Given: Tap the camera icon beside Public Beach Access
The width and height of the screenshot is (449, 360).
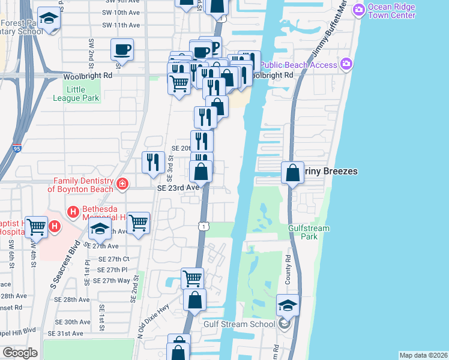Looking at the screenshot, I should tap(345, 64).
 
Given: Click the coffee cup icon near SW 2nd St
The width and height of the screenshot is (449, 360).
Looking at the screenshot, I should tap(122, 49).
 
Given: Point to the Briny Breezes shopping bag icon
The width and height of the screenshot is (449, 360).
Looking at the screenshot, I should tap(292, 172).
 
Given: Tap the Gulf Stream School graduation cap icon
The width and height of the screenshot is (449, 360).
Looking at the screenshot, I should tap(288, 306).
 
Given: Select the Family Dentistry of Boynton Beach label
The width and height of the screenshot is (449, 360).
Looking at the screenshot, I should tap(83, 185).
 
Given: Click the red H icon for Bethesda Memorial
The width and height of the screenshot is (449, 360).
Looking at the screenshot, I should tap(73, 211).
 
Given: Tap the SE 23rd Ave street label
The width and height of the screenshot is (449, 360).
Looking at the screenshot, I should tap(178, 187).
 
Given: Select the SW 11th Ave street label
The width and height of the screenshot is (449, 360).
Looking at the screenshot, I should tap(121, 25).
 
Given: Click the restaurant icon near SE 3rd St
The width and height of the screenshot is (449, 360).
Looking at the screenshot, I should tap(154, 162).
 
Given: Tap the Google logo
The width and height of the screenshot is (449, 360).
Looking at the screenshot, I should tap(20, 353).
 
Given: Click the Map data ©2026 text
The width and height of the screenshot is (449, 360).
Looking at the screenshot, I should tap(423, 355).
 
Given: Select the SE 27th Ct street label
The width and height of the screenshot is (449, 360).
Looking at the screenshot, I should tap(113, 259).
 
